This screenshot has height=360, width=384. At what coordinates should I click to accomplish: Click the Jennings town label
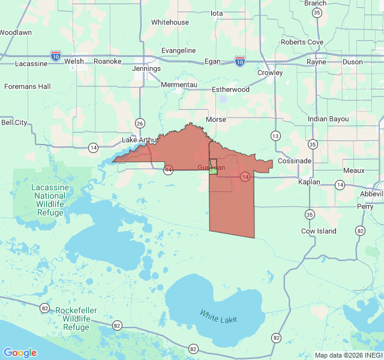pos(146,68)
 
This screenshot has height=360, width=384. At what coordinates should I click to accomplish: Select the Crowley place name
pos(270,73)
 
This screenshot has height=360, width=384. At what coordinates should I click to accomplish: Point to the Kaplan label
pos(309,182)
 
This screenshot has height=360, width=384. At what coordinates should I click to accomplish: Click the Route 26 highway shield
pos(140,123)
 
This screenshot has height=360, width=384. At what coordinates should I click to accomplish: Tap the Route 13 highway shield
pos(275,136)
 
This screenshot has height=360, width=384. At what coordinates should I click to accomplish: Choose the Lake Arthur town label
pos(140,140)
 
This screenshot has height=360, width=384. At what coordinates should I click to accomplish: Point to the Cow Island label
pos(319,231)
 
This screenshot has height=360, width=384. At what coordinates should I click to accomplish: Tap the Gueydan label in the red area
pos(211,167)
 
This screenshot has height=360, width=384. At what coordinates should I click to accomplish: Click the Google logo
pos(20,353)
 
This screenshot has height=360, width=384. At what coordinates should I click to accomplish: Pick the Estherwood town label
pos(230,89)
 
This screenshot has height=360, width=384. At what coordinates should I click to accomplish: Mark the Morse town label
pos(216,119)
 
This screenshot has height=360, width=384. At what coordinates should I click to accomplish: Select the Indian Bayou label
pos(328,119)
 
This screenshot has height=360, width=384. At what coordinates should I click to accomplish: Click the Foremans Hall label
pos(27,86)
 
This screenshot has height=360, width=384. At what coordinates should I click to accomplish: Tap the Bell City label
pos(14,122)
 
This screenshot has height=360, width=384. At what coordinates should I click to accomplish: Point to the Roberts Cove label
pos(302,42)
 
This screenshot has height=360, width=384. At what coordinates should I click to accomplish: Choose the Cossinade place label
pos(295,161)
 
